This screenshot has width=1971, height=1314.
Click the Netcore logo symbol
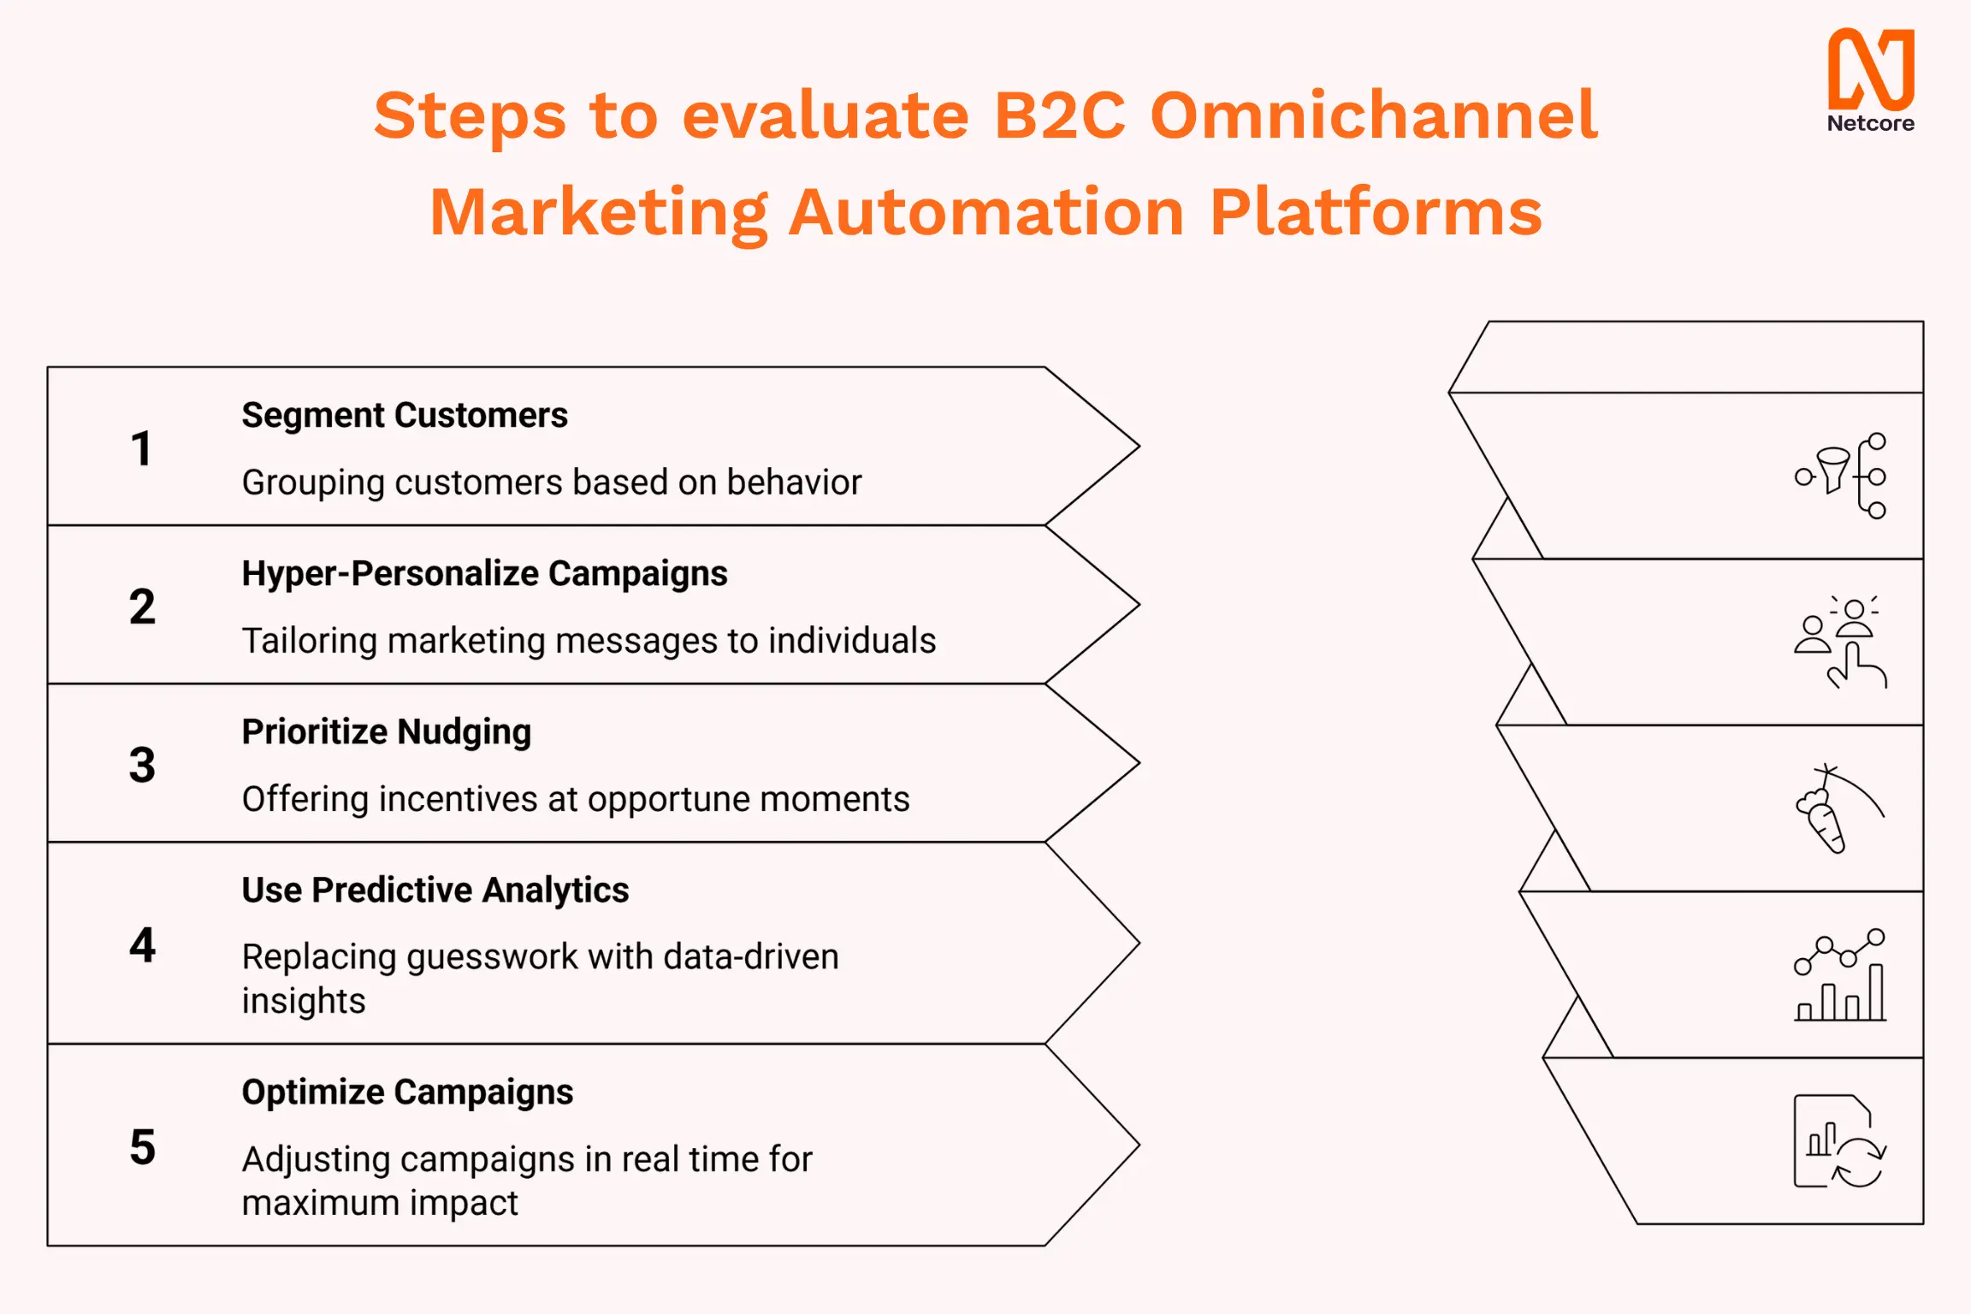[1870, 68]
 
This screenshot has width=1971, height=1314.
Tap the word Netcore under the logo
[1870, 124]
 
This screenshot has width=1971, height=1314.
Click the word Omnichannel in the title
[1373, 115]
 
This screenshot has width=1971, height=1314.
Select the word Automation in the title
[986, 212]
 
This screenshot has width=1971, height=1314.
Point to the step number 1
[142, 448]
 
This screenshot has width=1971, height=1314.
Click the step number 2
[142, 607]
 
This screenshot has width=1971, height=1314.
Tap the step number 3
[142, 765]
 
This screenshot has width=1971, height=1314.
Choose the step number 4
[142, 945]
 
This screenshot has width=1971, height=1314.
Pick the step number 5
[142, 1147]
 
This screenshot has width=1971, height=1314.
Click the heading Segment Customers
[405, 416]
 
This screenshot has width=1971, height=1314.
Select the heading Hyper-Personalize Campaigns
[484, 574]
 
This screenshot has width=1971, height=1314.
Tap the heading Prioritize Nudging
[386, 732]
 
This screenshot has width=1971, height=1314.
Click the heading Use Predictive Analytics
[435, 891]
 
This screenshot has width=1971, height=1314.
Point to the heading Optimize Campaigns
[407, 1092]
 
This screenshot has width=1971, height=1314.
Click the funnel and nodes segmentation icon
[1841, 476]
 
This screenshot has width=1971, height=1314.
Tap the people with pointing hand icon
[1841, 642]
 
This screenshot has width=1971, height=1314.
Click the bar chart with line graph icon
[1841, 974]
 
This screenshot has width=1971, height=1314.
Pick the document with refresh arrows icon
[1839, 1141]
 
